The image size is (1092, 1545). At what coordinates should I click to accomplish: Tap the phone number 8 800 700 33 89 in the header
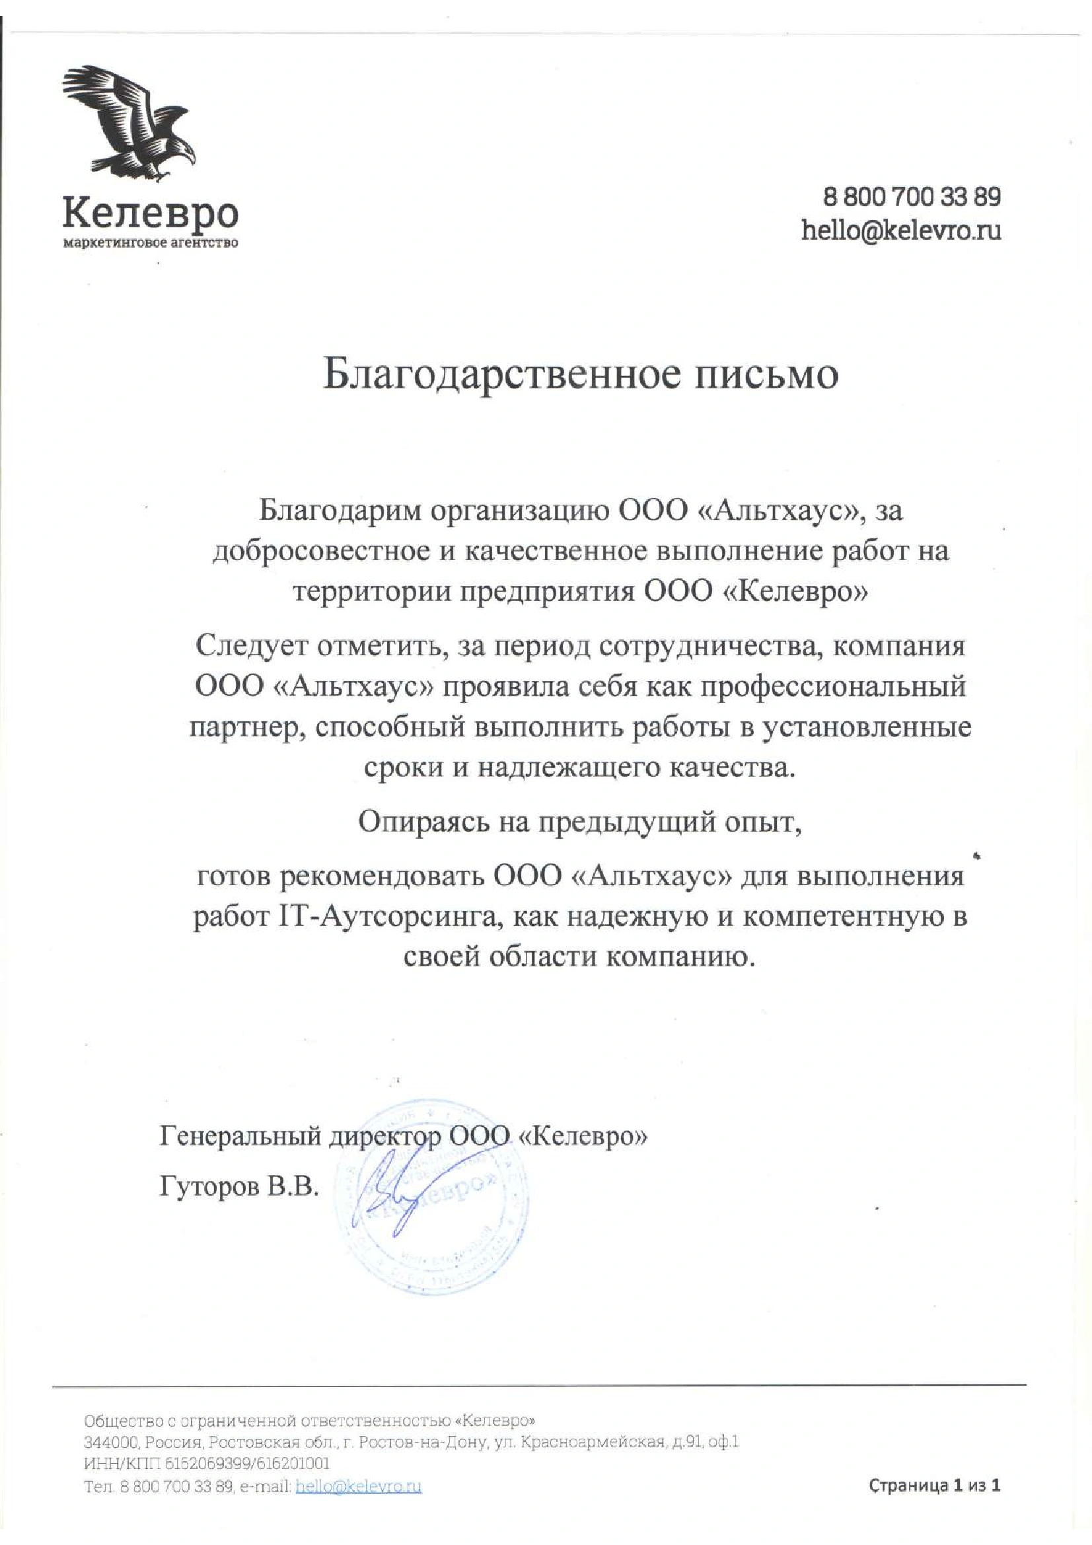[912, 197]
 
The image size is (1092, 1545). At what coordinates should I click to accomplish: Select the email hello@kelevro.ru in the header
[900, 231]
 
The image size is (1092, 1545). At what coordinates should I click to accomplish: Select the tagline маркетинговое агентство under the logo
[150, 243]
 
